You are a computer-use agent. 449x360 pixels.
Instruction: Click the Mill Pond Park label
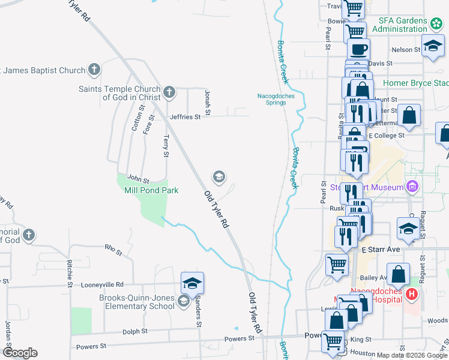point(151,190)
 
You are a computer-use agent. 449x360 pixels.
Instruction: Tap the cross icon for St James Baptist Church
point(94,70)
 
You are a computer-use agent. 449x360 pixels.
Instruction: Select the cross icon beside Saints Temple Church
point(169,92)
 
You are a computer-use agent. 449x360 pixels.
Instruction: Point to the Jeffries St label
point(185,117)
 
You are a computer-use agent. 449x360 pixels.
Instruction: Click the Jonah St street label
point(208,103)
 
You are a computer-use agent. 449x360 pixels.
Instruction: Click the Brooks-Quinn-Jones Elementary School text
point(137,302)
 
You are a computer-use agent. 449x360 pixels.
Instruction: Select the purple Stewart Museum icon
point(412,187)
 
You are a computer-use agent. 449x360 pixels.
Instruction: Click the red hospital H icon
point(411,294)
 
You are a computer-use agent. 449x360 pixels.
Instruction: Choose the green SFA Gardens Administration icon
point(436,25)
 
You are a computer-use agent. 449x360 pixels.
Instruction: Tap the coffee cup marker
point(358,49)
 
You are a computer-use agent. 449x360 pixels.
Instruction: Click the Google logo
point(20,352)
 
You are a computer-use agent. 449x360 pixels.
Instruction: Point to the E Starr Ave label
point(381,249)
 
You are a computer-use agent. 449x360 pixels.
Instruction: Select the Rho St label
point(113,247)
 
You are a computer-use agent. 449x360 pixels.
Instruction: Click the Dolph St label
point(134,331)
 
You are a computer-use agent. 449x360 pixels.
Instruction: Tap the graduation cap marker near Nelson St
point(432,46)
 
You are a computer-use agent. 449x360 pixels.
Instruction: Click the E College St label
point(387,136)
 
